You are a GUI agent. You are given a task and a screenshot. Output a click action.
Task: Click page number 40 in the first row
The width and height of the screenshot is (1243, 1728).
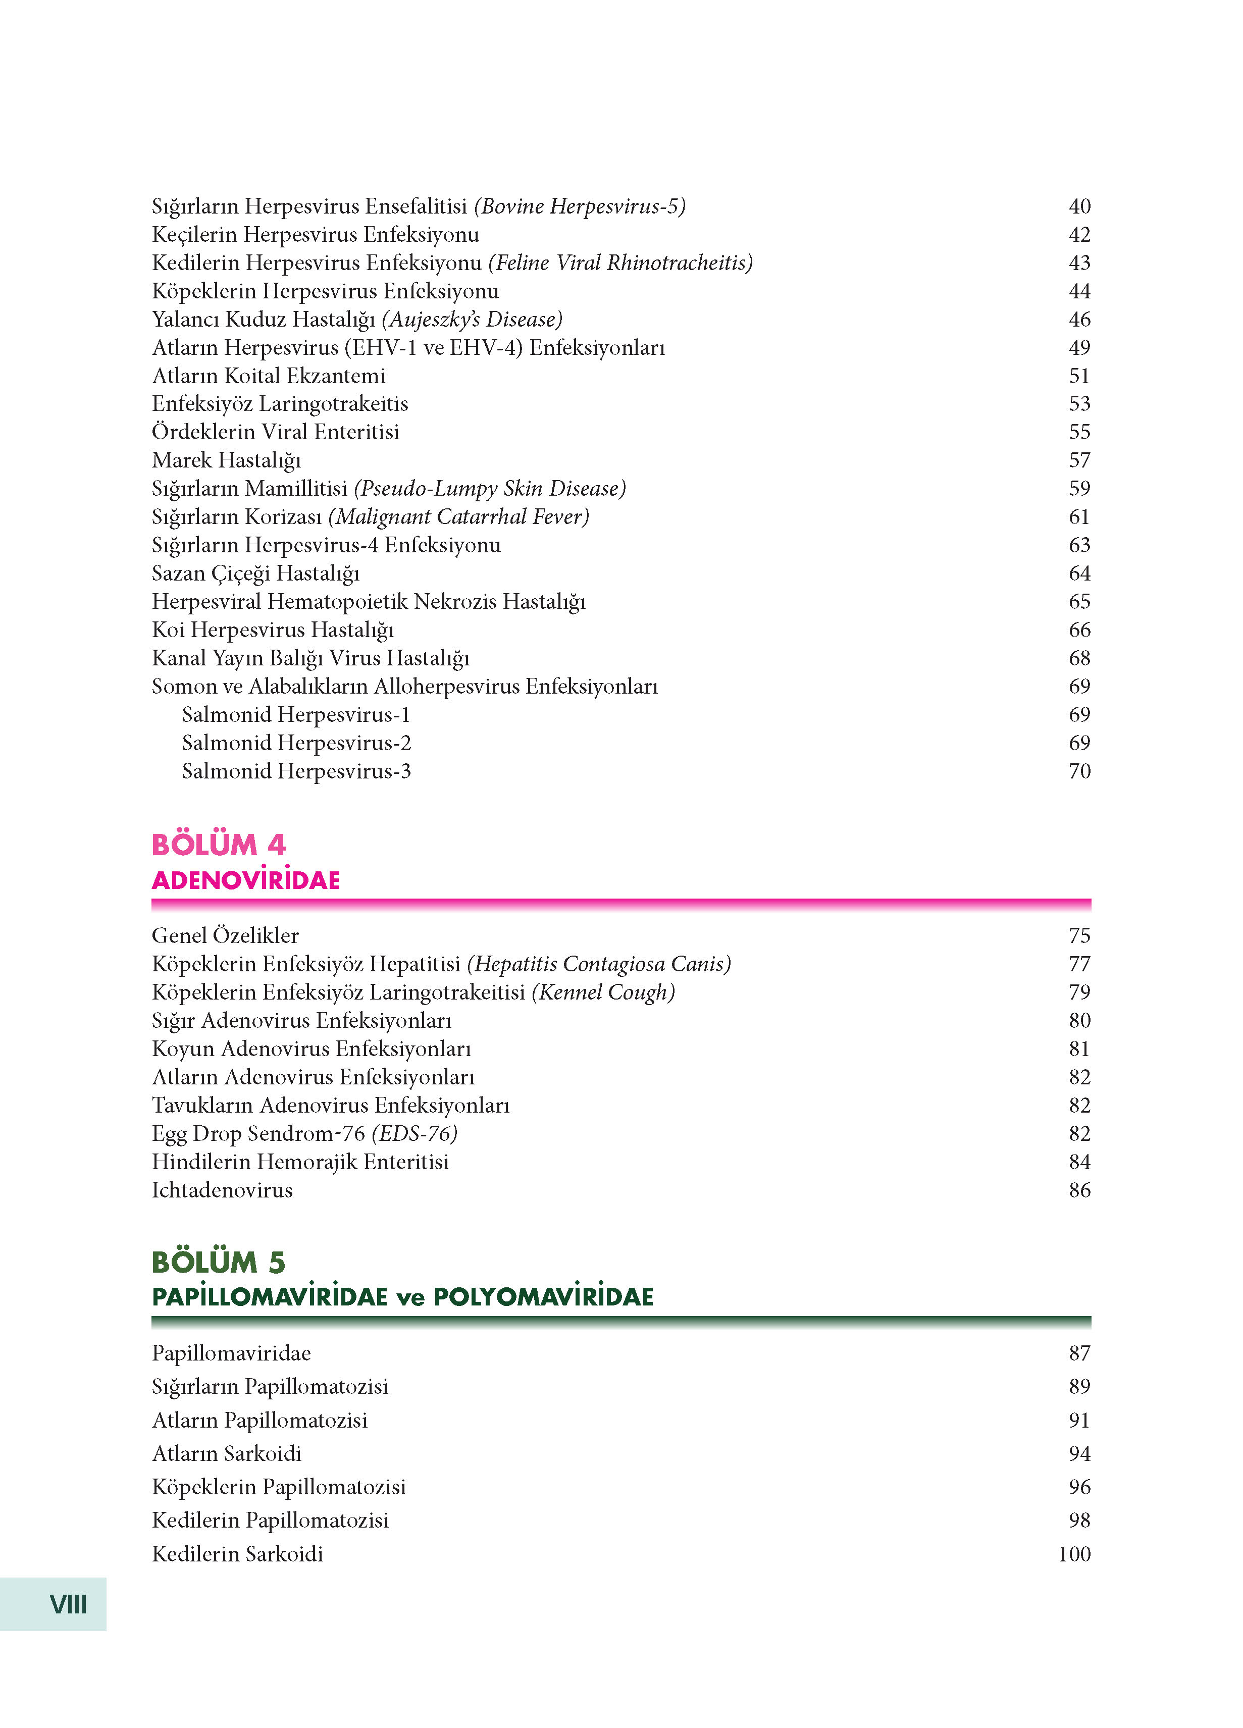[1079, 206]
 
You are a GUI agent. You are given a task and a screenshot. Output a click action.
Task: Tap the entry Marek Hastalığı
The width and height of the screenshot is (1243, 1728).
[226, 460]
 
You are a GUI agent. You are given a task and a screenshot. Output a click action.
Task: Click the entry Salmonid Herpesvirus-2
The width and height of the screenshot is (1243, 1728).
[296, 743]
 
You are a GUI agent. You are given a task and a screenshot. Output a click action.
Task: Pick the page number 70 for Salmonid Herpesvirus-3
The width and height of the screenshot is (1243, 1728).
[1079, 771]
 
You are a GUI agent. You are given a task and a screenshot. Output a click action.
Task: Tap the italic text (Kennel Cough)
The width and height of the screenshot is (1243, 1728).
[603, 992]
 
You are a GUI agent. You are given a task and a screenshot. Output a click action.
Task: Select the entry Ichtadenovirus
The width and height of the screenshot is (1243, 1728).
[222, 1190]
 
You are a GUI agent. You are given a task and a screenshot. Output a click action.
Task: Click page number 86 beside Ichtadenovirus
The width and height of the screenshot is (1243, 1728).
[1079, 1190]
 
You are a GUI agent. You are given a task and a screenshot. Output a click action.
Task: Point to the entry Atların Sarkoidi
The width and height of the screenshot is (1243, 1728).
[226, 1454]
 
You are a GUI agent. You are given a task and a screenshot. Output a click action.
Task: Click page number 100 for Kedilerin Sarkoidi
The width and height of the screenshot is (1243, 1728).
[1074, 1554]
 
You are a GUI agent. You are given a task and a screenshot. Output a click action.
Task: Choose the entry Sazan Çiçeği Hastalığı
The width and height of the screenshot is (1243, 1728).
[255, 573]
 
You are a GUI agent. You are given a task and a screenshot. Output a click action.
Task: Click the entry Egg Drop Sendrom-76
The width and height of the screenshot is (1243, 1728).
[258, 1134]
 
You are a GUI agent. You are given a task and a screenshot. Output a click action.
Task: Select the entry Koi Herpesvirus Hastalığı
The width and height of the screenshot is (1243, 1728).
[272, 630]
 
